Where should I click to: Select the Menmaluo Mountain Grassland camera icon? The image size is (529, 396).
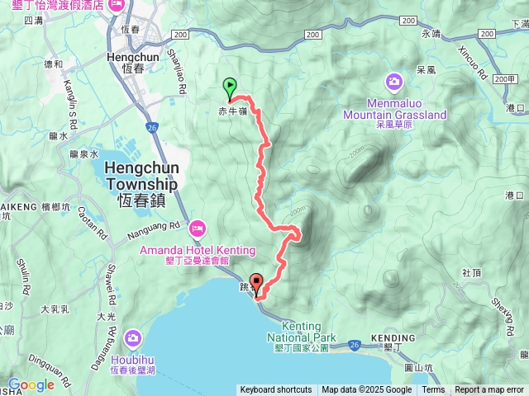coord(393,82)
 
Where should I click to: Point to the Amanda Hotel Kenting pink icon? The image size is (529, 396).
coord(198,227)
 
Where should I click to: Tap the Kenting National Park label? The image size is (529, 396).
coord(304,332)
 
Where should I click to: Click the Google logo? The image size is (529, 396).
coord(31,384)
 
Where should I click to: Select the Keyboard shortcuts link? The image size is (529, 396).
coord(276,390)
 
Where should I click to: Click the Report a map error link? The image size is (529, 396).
coord(489,390)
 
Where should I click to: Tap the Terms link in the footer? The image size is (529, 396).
coord(433,390)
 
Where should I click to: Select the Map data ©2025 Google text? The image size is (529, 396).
coord(366,390)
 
